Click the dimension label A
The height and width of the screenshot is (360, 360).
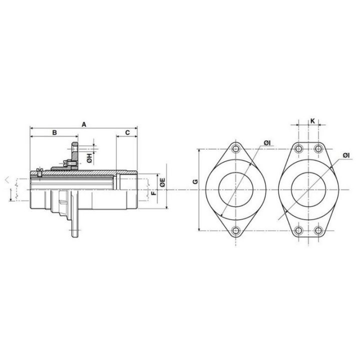point(84,124)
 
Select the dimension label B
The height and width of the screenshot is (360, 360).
point(54,132)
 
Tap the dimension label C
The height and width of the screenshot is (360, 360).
point(127,132)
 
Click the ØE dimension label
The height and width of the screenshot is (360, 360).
point(162,182)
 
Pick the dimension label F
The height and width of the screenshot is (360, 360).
point(154,193)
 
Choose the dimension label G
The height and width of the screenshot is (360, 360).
point(195,182)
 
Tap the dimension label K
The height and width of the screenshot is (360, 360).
point(312,121)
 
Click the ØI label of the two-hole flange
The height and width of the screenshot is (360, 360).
point(267,143)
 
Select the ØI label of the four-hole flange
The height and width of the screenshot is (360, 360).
point(346,155)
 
